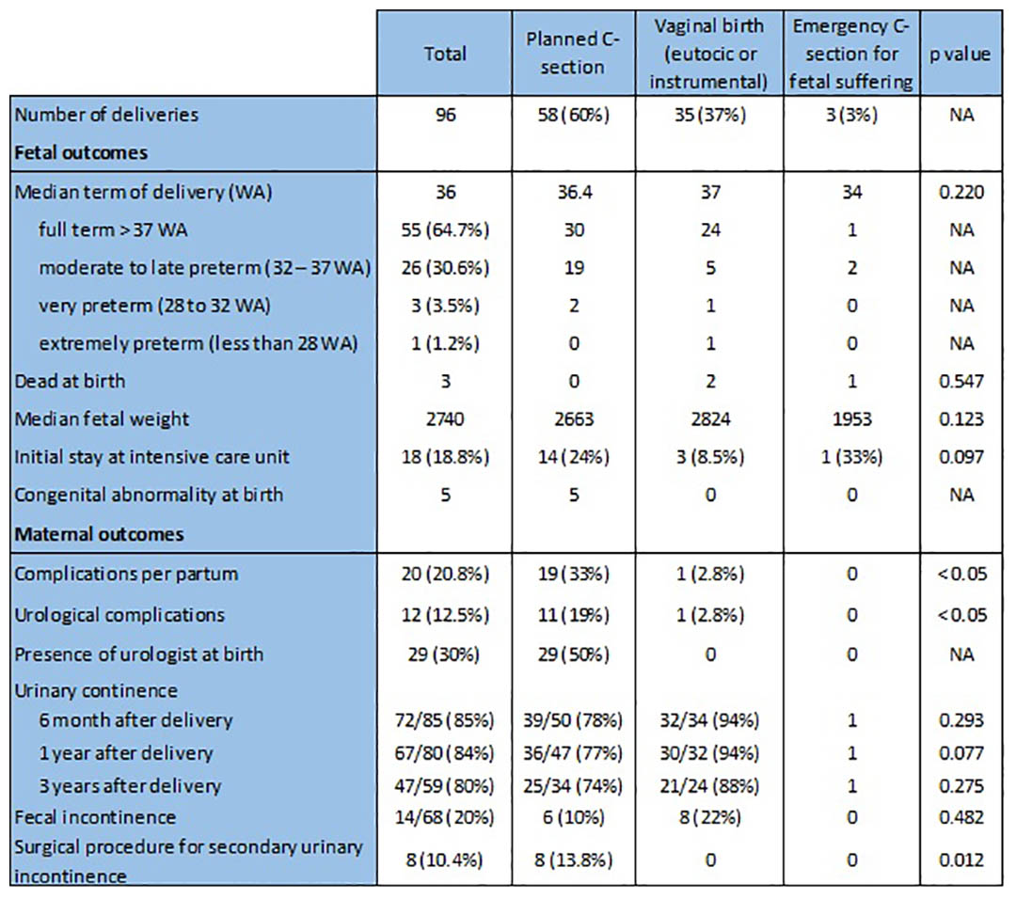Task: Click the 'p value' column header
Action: click(960, 54)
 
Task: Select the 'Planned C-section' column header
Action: click(573, 53)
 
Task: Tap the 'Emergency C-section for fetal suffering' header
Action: click(851, 54)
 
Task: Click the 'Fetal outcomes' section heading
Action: click(81, 153)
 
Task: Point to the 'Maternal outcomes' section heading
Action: click(99, 534)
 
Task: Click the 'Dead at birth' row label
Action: click(70, 381)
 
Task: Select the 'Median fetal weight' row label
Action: click(102, 419)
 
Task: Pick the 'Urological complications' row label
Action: click(119, 615)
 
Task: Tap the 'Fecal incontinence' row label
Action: click(95, 817)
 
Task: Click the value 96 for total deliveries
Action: click(445, 115)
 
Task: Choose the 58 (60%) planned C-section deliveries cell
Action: click(574, 115)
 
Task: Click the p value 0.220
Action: click(961, 192)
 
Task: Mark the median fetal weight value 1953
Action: click(851, 419)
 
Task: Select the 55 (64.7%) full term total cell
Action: click(445, 230)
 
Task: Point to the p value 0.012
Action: click(961, 860)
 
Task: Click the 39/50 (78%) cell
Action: click(574, 720)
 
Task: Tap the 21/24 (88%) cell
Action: click(709, 785)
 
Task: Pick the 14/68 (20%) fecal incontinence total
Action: click(444, 817)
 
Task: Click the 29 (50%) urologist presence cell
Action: click(574, 655)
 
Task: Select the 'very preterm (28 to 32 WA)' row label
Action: click(154, 306)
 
